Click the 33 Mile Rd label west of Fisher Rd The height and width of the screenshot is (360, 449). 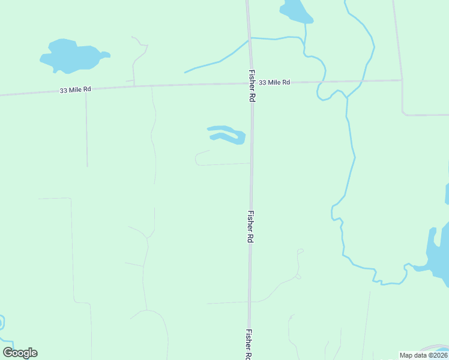coord(76,89)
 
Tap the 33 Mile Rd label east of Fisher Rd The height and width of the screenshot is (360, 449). coord(275,82)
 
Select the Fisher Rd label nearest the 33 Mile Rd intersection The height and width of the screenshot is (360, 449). coord(252,85)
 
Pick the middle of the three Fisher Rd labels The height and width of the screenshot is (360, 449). coord(250,226)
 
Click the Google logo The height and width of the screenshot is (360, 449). coord(20,353)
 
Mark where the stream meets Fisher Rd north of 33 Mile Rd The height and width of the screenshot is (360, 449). coord(249,40)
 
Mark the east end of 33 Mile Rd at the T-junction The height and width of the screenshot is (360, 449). coord(402,80)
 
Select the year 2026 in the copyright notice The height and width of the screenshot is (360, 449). coord(439,355)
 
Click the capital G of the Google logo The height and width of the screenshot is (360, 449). coord(8,353)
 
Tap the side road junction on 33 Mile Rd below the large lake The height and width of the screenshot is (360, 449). coord(133,86)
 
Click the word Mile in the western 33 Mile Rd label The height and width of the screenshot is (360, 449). coord(76,89)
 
